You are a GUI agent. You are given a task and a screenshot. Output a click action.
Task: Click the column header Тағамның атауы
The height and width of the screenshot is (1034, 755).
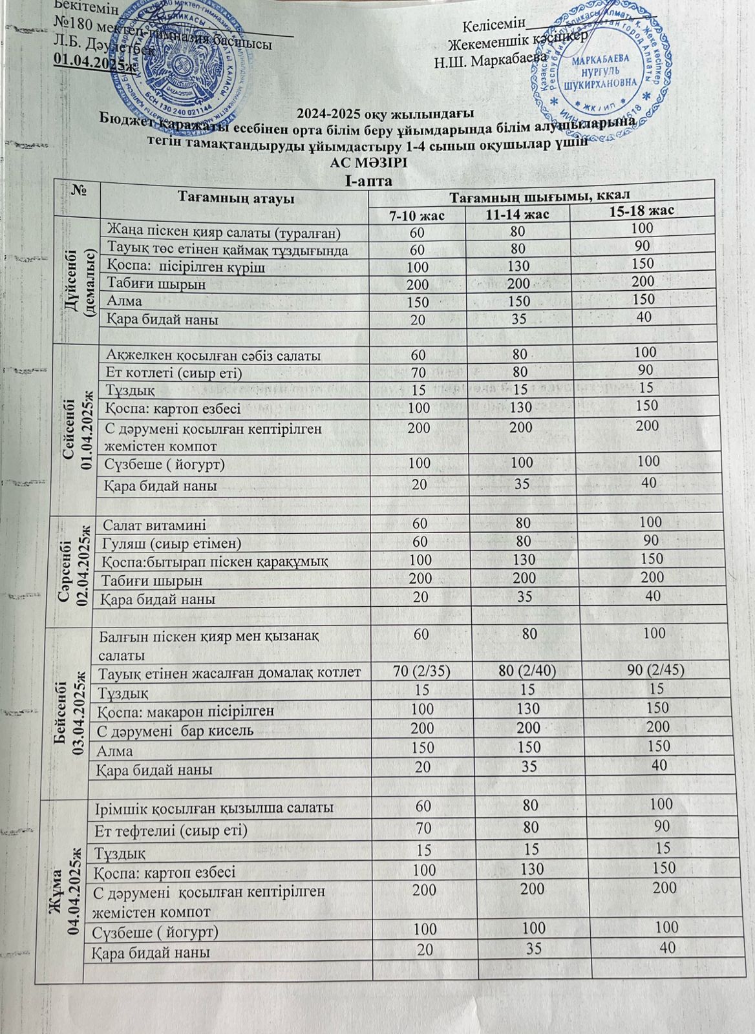[236, 198]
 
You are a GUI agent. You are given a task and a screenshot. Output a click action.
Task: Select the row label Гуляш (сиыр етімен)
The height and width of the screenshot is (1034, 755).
[171, 543]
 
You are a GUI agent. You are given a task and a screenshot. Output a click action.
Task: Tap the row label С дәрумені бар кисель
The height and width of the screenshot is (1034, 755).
[173, 732]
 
